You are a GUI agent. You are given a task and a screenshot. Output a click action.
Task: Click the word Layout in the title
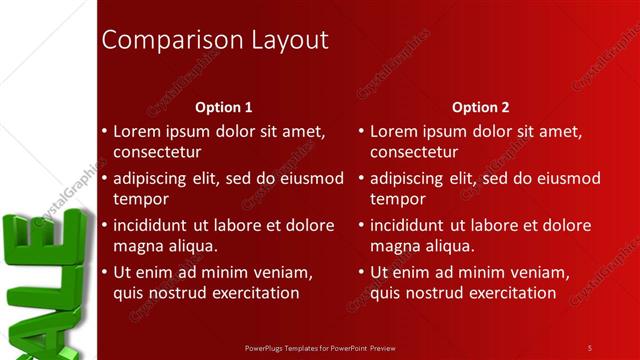(x=282, y=40)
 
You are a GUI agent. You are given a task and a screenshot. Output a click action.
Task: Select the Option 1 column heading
(x=223, y=107)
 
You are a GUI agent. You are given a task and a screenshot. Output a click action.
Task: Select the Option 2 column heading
(x=480, y=107)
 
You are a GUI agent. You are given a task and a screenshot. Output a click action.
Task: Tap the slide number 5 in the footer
(x=590, y=347)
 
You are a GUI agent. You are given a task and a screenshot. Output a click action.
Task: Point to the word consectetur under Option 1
(x=157, y=152)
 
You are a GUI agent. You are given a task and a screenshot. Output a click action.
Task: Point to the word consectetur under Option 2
(x=414, y=152)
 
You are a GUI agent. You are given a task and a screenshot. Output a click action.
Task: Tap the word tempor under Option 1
(x=141, y=198)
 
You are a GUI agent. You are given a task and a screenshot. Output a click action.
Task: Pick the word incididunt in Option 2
(x=413, y=225)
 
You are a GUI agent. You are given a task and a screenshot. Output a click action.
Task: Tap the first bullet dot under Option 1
(x=105, y=132)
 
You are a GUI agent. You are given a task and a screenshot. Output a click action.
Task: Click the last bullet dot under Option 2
(x=362, y=272)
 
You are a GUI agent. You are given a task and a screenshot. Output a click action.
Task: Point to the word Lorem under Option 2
(x=394, y=132)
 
